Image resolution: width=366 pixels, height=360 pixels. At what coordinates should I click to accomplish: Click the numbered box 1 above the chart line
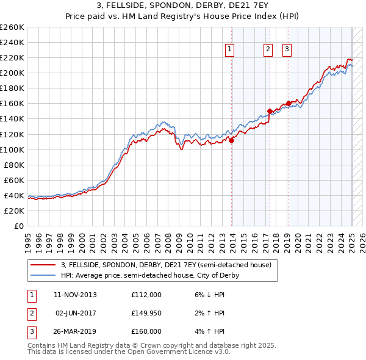click(x=229, y=50)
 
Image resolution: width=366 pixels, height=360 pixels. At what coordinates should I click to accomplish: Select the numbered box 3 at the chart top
click(x=287, y=50)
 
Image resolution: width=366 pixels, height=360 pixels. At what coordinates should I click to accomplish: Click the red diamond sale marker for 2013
click(x=232, y=140)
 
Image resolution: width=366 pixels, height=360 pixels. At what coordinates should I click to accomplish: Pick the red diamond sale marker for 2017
click(x=270, y=111)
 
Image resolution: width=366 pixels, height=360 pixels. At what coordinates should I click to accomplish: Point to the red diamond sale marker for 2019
click(x=289, y=104)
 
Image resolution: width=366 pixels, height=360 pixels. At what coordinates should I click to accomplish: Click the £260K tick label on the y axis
click(x=12, y=27)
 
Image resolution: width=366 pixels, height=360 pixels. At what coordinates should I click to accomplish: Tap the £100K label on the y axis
click(x=12, y=149)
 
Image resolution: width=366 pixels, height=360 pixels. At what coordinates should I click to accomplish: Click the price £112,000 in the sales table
click(x=146, y=295)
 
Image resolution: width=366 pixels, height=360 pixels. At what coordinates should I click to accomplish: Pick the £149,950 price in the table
click(x=146, y=313)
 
